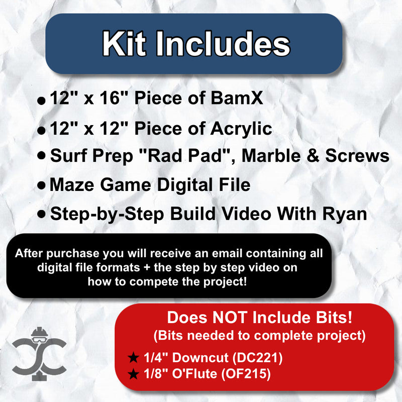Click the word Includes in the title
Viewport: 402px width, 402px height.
[224, 44]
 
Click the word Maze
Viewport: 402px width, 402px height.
[71, 185]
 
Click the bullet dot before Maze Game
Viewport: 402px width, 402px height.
[42, 185]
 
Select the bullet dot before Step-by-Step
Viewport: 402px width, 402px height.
[42, 214]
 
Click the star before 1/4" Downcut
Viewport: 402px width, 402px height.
[133, 358]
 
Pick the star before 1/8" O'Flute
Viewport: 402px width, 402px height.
[133, 374]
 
